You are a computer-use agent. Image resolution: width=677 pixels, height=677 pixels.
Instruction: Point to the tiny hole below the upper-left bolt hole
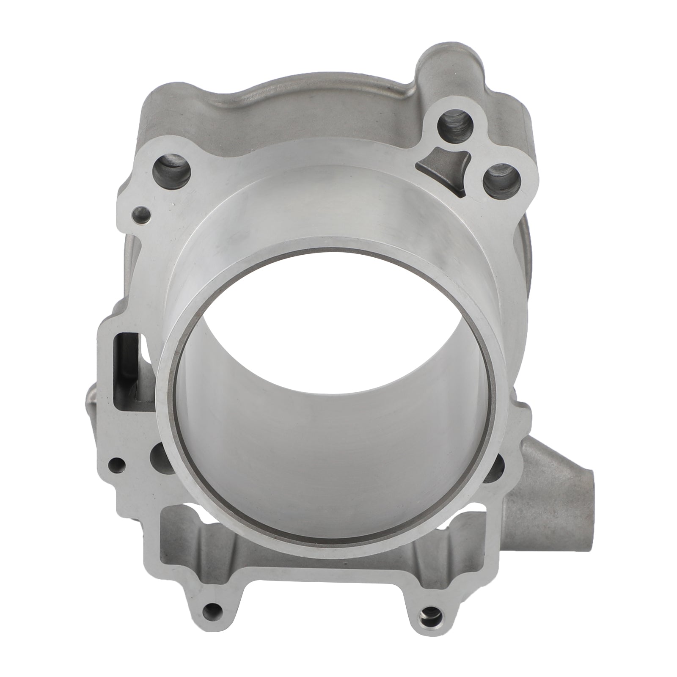click(x=140, y=214)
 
